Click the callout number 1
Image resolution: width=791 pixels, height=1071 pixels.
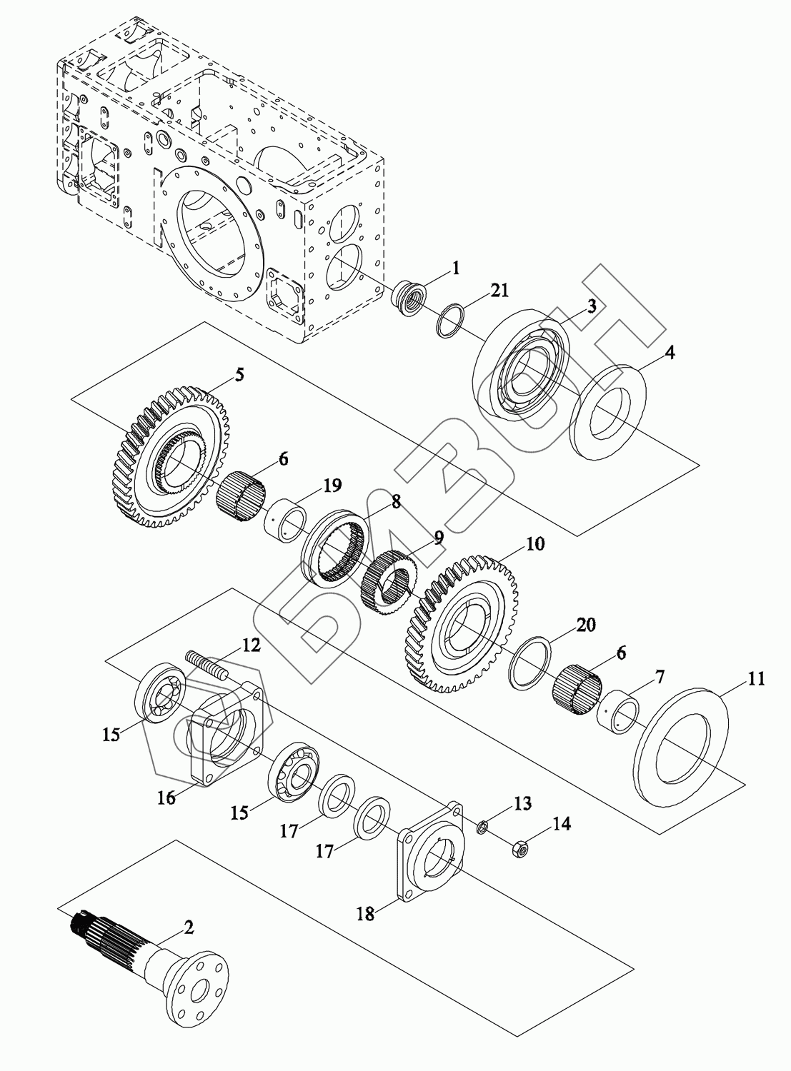point(456,268)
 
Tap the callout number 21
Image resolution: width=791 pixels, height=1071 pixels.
point(499,290)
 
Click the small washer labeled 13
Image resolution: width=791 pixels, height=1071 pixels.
point(482,828)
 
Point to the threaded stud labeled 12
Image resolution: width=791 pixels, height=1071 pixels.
point(207,665)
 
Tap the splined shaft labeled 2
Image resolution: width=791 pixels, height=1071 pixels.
point(154,966)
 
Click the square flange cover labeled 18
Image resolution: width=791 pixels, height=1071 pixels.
point(431,855)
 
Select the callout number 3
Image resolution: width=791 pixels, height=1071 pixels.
point(592,307)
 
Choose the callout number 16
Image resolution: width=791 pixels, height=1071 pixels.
point(166,798)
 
